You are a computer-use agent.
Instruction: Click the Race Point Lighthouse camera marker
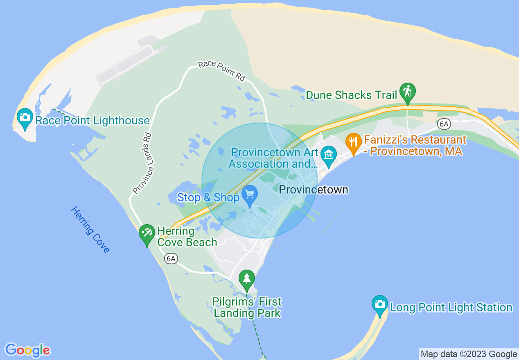pyautogui.click(x=25, y=118)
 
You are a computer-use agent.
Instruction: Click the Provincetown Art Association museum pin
pyautogui.click(x=328, y=155)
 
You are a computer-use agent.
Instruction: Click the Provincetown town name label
pyautogui.click(x=314, y=189)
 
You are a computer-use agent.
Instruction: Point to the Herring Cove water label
pyautogui.click(x=90, y=229)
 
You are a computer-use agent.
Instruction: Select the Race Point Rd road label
pyautogui.click(x=221, y=71)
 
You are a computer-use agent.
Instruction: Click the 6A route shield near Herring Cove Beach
pyautogui.click(x=171, y=259)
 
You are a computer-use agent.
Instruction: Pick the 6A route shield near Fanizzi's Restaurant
pyautogui.click(x=444, y=124)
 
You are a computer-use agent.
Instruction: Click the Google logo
pyautogui.click(x=28, y=350)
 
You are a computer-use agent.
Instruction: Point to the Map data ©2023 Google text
pyautogui.click(x=469, y=354)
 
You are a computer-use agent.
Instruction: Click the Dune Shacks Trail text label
pyautogui.click(x=352, y=95)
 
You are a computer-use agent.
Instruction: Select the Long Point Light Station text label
pyautogui.click(x=451, y=307)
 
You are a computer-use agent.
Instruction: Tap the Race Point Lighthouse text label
pyautogui.click(x=93, y=120)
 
